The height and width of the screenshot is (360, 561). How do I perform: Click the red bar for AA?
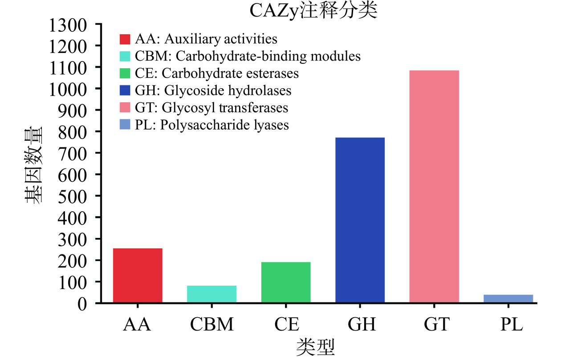(x=138, y=275)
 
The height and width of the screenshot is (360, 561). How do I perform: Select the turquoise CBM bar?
(x=211, y=294)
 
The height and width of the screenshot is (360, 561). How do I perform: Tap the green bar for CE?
(x=286, y=282)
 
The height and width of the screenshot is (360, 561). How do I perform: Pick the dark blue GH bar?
(x=360, y=220)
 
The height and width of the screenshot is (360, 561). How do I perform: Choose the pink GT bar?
(x=434, y=187)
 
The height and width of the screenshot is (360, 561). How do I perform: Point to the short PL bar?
(x=508, y=299)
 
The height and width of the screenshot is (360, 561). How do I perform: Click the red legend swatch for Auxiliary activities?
(x=125, y=39)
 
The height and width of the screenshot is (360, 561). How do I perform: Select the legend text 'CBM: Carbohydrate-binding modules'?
(x=248, y=57)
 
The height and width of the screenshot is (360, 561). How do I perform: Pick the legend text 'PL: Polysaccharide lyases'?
(x=211, y=125)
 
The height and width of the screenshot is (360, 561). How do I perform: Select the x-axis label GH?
(x=360, y=324)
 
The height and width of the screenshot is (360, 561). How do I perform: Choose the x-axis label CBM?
(x=211, y=324)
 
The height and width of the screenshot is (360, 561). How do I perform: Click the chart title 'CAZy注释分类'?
(x=313, y=11)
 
